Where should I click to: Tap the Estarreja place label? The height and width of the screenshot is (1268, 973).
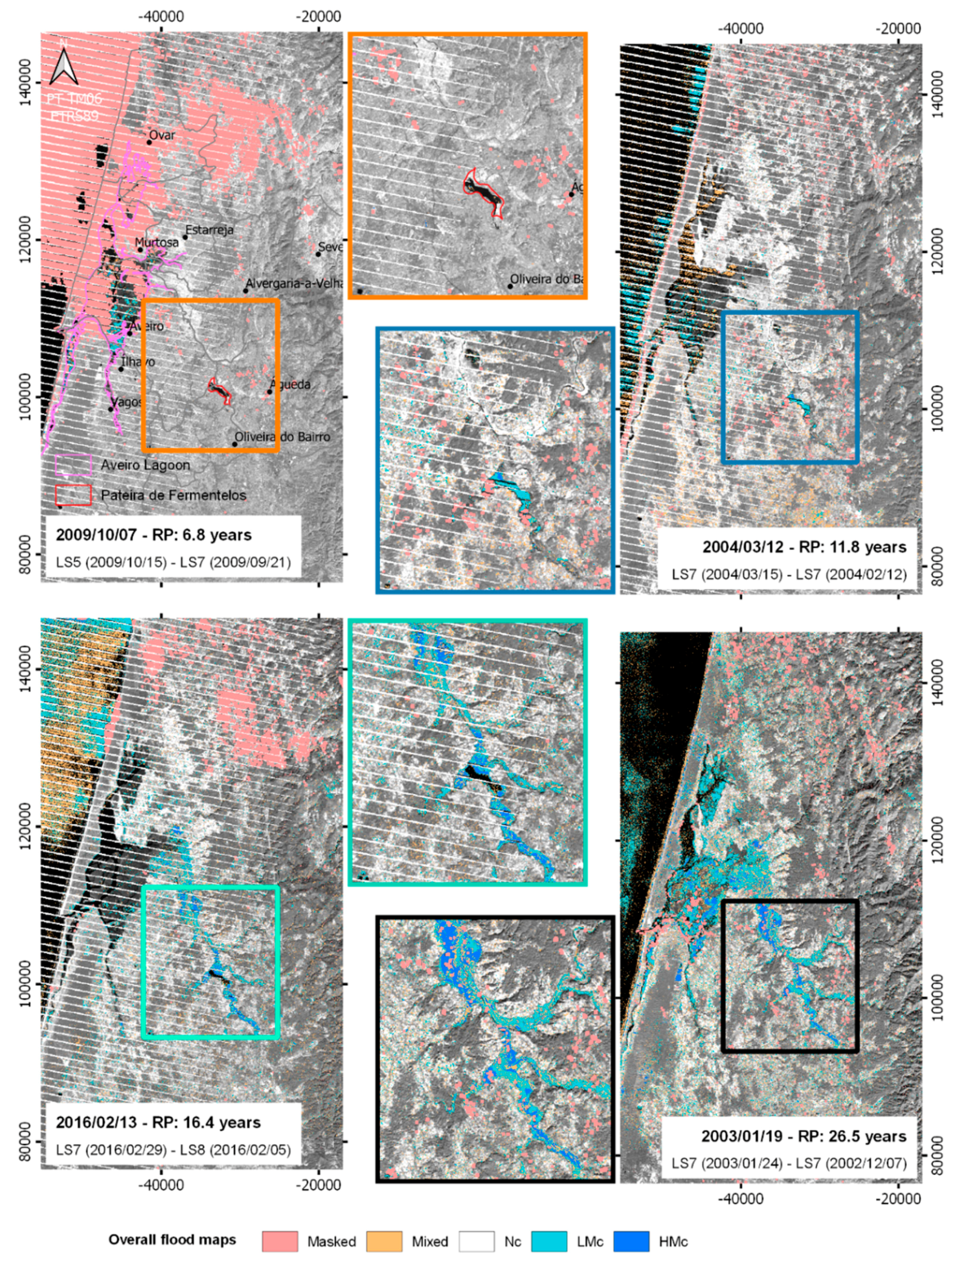point(209,230)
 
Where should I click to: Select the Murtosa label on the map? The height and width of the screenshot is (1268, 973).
point(157,242)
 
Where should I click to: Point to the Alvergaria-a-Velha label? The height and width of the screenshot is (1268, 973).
point(294,284)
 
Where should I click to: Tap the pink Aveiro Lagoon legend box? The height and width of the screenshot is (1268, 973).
point(73,464)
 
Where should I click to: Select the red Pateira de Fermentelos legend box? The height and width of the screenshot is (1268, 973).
point(73,495)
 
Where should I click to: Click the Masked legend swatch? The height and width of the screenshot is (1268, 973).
point(280,1241)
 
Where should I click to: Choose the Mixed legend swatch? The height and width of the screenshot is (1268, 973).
point(384,1241)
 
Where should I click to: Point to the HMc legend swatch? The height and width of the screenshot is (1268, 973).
point(631,1241)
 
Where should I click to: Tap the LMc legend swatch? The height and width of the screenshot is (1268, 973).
point(548,1241)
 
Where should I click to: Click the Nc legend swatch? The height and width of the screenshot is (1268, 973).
point(476,1241)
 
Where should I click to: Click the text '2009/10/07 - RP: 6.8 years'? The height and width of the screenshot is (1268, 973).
point(154,534)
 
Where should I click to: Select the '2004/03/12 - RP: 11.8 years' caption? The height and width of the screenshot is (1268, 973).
point(804,547)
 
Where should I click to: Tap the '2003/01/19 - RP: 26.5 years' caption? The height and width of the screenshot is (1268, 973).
point(803,1136)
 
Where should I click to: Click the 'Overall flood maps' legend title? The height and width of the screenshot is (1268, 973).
point(172,1239)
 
